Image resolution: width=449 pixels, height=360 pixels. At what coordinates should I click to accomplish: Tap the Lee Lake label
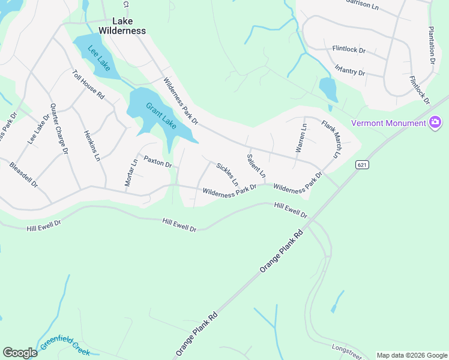tap(99, 59)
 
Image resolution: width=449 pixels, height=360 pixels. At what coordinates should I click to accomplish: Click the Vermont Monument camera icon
tap(435, 123)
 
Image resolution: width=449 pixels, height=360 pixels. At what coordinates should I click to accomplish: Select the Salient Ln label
tap(256, 166)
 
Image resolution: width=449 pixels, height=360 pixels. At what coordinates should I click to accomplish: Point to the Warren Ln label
tap(301, 138)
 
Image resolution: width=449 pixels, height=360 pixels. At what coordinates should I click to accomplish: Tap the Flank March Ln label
tap(331, 138)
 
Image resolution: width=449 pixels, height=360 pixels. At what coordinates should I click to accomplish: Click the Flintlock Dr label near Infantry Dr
tap(349, 50)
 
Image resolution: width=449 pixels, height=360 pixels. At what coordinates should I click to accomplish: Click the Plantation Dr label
tap(432, 44)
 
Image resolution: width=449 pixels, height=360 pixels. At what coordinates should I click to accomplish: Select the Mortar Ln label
tap(131, 173)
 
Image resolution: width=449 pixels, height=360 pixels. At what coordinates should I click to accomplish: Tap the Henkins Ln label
tap(92, 146)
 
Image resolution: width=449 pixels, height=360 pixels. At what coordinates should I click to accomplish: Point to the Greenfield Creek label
tap(65, 346)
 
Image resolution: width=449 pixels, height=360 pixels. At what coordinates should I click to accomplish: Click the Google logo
tap(20, 353)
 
